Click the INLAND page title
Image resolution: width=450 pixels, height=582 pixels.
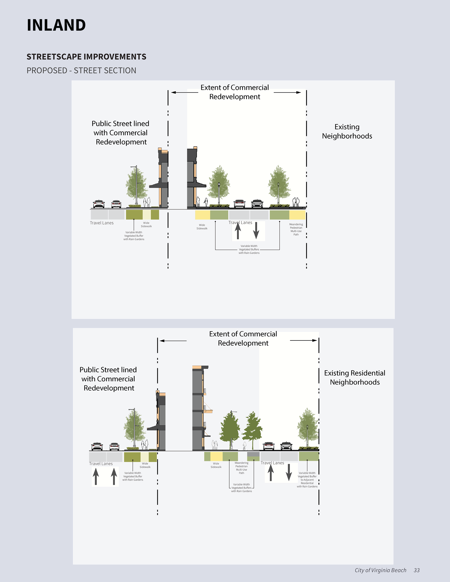56,25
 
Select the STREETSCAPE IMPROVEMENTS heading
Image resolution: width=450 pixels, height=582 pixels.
86,57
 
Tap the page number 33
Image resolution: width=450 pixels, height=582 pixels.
416,570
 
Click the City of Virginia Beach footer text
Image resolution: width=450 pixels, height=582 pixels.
380,570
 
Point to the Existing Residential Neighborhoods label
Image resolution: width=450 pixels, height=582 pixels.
355,378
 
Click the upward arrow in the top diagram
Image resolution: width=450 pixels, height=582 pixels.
238,231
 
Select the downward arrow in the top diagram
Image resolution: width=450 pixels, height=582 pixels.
256,231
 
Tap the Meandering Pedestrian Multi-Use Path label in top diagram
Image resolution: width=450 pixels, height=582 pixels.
296,229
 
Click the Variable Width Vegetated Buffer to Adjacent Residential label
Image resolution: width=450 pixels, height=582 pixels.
307,480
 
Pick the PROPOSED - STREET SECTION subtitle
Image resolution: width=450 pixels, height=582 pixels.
81,71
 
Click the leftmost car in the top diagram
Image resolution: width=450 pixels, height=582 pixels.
99,204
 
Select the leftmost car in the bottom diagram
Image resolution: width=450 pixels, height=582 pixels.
97,446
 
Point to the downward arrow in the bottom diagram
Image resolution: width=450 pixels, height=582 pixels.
288,472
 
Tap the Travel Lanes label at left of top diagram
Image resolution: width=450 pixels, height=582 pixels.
101,223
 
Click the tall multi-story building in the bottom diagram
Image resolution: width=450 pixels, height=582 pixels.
199,408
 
